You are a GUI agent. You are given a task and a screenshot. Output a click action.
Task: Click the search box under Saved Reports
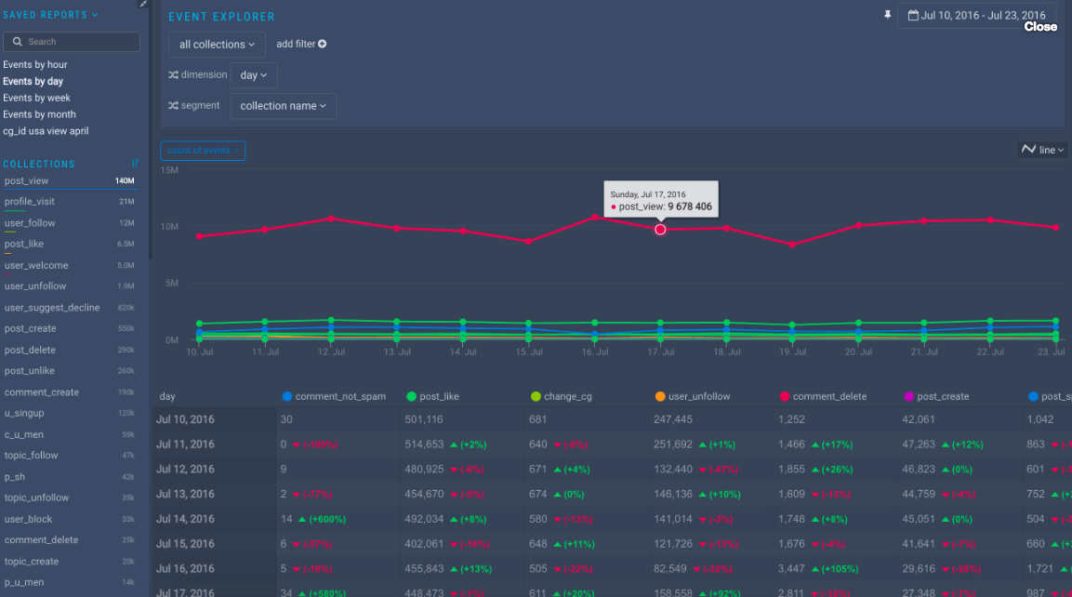[x=73, y=42]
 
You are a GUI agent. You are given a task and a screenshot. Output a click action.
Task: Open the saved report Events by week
[x=36, y=98]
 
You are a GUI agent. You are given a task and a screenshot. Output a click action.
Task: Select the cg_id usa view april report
[x=46, y=131]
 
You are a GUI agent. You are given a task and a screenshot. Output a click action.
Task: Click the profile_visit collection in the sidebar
[x=30, y=202]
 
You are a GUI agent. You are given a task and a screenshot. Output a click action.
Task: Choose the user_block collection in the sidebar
[x=28, y=519]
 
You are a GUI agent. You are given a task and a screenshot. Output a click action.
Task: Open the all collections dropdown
[x=217, y=45]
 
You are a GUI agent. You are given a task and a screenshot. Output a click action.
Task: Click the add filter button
[x=301, y=44]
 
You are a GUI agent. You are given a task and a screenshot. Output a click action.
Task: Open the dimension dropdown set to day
[x=253, y=75]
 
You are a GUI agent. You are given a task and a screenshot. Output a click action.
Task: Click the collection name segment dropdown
[x=283, y=106]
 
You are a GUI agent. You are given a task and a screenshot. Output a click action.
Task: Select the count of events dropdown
[x=203, y=151]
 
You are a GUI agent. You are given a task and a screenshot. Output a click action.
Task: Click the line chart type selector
[x=1042, y=150]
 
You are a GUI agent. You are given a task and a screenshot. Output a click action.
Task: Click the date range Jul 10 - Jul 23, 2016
[x=976, y=16]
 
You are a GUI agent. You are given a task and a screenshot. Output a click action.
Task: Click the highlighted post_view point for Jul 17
[x=660, y=229]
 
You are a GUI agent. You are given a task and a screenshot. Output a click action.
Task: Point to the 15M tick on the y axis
[x=169, y=170]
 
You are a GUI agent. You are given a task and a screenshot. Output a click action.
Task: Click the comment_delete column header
[x=829, y=396]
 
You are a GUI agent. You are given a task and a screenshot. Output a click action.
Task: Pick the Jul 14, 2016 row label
[x=185, y=519]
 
